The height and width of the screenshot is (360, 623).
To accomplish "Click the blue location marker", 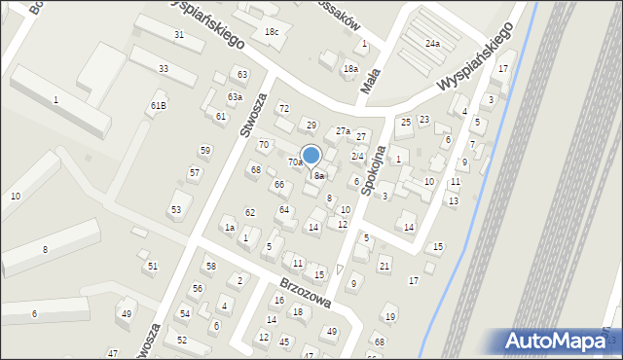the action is (311, 156).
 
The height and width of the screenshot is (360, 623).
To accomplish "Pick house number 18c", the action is (273, 33).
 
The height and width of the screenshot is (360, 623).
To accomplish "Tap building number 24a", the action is (432, 44).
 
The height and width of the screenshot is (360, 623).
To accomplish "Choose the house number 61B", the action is (158, 105).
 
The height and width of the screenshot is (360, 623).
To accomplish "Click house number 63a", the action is (235, 96).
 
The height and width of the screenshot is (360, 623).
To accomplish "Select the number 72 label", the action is (283, 108).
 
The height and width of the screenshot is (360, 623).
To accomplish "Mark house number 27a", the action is (343, 130).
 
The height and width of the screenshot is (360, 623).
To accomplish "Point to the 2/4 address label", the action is (357, 157).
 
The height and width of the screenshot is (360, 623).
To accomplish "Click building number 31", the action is (179, 35).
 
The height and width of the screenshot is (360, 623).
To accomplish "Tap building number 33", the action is (164, 68).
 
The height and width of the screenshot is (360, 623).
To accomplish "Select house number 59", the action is (204, 150).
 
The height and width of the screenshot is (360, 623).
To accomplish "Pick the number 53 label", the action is (176, 209).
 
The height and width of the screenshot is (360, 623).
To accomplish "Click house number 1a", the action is (230, 227).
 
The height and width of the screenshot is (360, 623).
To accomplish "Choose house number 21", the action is (385, 266).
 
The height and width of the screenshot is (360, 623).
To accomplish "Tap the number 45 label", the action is (284, 342).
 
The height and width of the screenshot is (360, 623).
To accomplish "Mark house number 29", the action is (311, 125).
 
